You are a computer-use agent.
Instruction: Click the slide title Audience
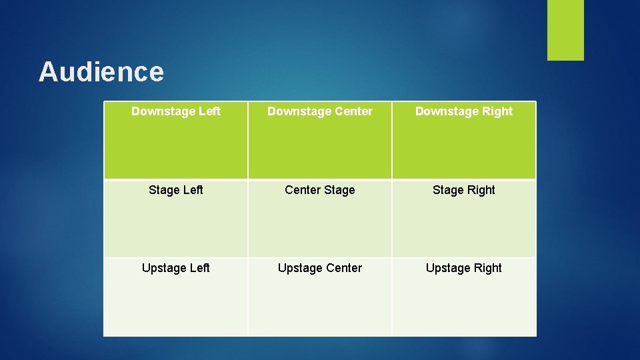coord(101,72)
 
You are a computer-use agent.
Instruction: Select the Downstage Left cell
coord(176,140)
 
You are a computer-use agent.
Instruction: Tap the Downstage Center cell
coord(320,140)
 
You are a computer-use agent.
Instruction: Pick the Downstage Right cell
coord(464,140)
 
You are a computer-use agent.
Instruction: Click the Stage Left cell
coord(176,219)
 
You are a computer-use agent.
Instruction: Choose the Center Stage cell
coord(320,219)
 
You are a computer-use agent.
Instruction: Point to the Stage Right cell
coord(464,219)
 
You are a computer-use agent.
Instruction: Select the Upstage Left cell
coord(176,297)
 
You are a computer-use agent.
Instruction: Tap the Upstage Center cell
coord(320,297)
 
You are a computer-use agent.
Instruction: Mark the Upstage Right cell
coord(464,297)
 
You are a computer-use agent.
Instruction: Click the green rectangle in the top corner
coord(565,30)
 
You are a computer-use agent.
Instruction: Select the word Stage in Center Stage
coord(339,190)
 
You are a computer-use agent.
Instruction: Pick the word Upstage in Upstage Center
coord(300,269)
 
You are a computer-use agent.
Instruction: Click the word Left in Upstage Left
coord(199,268)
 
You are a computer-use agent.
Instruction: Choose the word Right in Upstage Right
coord(487,269)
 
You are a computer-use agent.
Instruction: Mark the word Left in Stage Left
coord(193,190)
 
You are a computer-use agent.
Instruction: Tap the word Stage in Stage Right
coord(447,190)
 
